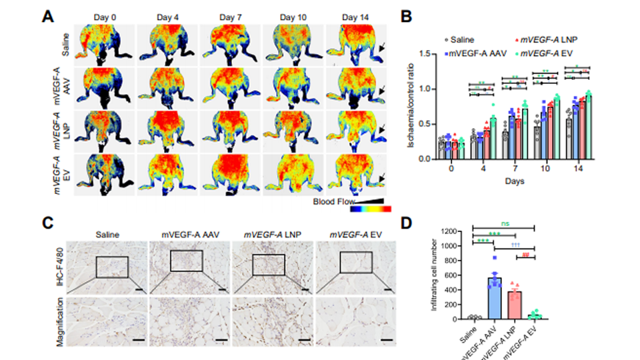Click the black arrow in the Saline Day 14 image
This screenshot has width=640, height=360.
[380, 48]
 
